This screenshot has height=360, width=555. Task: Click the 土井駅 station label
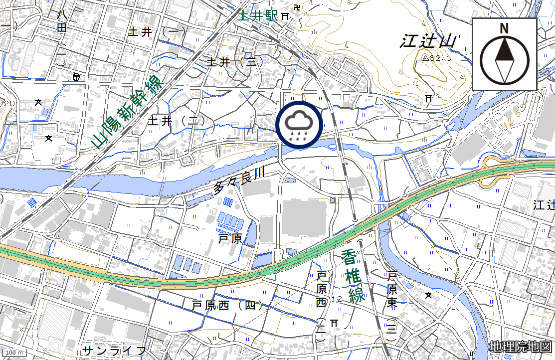(x=258, y=15)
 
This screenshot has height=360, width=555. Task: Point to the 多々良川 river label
(x=238, y=181)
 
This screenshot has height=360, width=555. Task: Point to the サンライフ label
(x=115, y=350)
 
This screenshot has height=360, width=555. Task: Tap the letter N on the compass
(x=504, y=28)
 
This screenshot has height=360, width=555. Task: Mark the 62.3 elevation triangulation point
(x=425, y=58)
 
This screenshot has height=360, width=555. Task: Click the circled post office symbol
(x=76, y=77)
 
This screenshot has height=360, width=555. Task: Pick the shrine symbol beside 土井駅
(x=285, y=16)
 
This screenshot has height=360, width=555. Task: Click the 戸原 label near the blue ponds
(x=230, y=239)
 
